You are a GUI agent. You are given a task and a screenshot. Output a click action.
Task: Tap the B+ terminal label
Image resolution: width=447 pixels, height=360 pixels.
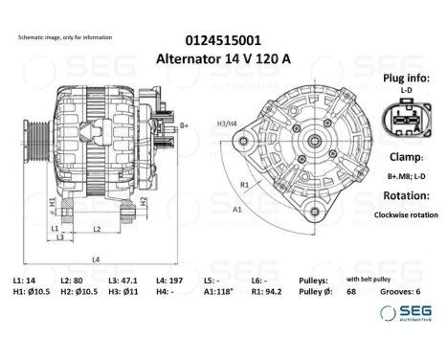coord(184,125)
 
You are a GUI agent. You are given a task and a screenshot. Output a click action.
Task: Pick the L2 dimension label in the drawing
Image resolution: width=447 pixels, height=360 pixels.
coord(98,228)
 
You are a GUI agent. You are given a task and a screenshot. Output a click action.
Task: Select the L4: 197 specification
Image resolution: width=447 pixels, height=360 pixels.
coord(178,279)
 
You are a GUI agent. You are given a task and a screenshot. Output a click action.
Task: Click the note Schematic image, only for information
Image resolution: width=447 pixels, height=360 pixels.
coord(65,37)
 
